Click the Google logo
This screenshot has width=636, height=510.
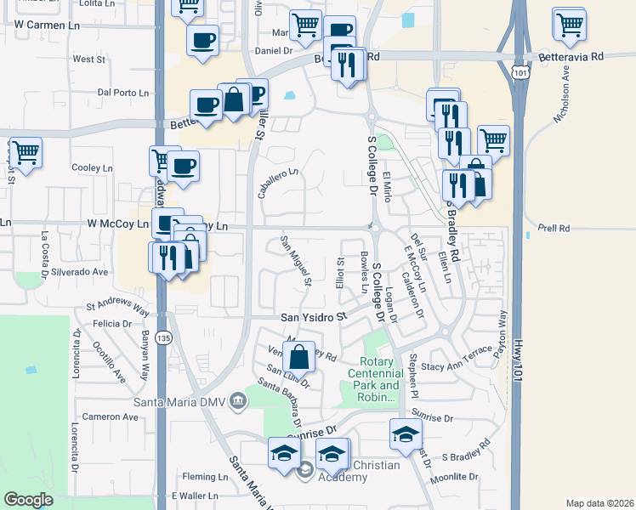click(x=29, y=500)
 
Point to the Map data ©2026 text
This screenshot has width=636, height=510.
click(x=599, y=503)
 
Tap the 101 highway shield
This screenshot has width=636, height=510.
click(x=520, y=72)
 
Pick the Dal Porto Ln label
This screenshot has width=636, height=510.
click(x=123, y=92)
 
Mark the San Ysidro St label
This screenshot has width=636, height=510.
click(x=315, y=316)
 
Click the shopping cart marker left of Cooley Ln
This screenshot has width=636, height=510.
click(x=26, y=153)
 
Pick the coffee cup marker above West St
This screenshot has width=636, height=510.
click(x=202, y=40)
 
